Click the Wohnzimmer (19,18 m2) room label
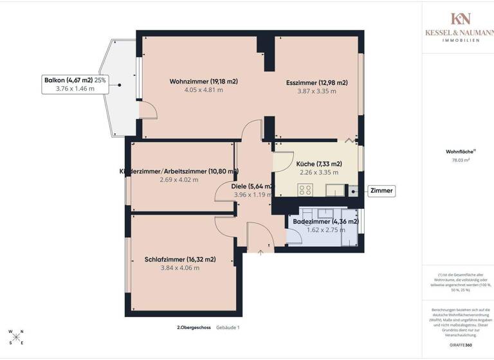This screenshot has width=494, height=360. tap(204, 82)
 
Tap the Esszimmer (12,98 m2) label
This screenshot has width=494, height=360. tap(316, 82)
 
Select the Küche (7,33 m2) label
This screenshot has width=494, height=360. tap(319, 164)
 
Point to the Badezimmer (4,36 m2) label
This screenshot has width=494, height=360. tap(325, 222)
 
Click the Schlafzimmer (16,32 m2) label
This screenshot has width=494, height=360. tap(180, 260)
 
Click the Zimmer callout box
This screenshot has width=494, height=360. tap(381, 191)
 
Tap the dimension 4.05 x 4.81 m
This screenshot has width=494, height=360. tap(204, 91)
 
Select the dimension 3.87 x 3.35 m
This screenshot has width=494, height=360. tap(316, 91)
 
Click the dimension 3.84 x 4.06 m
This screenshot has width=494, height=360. tap(180, 268)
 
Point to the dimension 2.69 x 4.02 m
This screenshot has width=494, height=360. tap(179, 180)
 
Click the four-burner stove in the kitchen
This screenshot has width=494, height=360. tap(306, 190)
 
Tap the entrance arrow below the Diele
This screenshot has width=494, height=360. tap(261, 252)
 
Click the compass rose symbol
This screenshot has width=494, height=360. tap(17, 337)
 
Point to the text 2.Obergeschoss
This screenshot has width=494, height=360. tap(194, 328)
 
